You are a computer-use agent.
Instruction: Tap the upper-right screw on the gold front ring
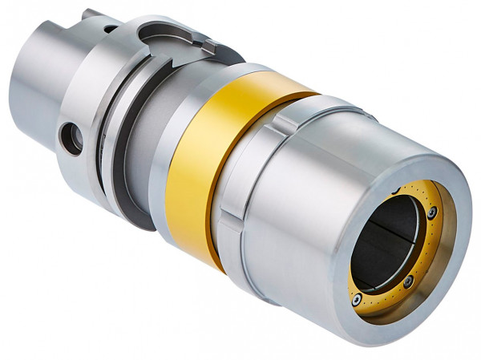(432, 212)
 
